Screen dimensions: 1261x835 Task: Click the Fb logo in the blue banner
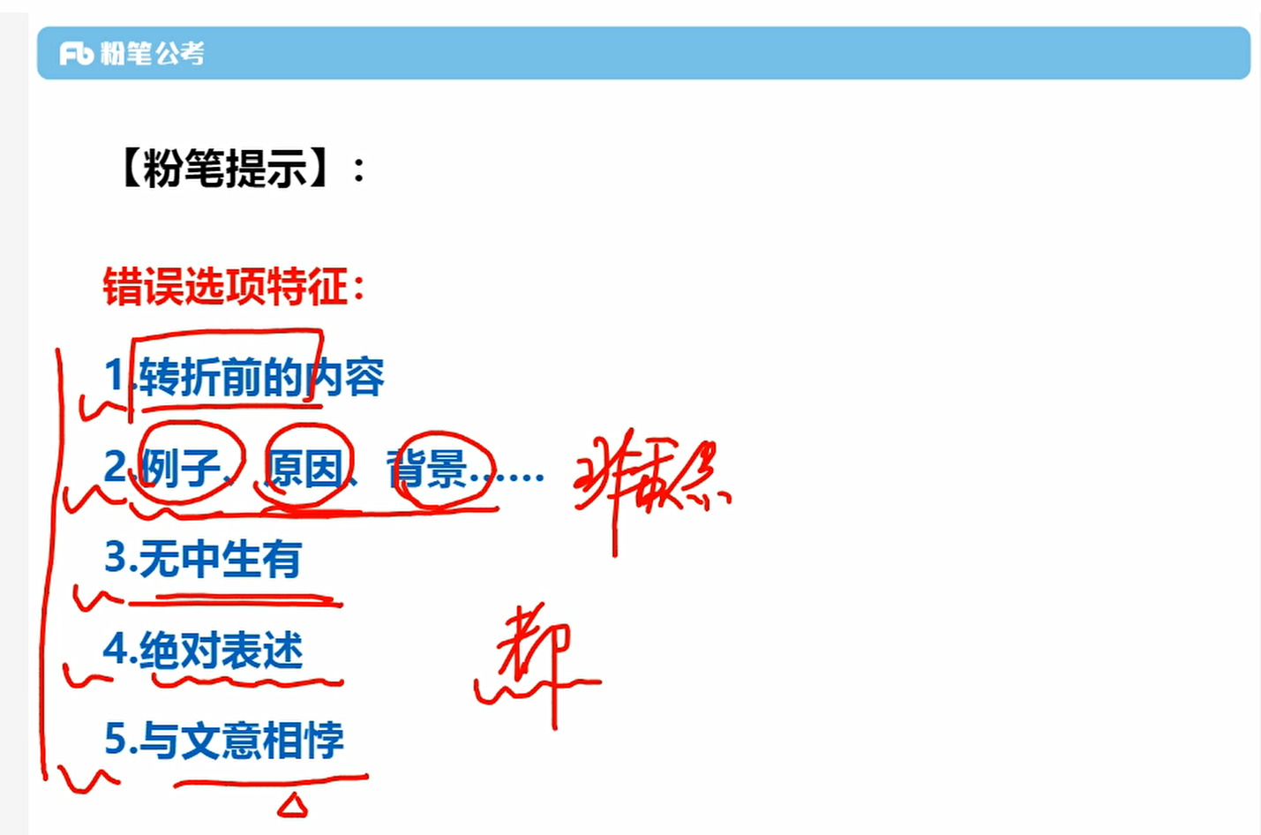pyautogui.click(x=77, y=54)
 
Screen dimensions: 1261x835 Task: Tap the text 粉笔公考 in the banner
pyautogui.click(x=152, y=54)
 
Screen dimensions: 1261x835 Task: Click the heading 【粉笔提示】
pyautogui.click(x=225, y=169)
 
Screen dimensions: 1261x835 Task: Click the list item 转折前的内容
pyautogui.click(x=261, y=377)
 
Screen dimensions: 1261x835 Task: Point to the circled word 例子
pyautogui.click(x=181, y=467)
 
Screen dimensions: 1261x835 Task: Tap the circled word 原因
pyautogui.click(x=304, y=467)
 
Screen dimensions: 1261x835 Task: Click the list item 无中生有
pyautogui.click(x=221, y=559)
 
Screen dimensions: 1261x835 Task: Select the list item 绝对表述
pyautogui.click(x=221, y=651)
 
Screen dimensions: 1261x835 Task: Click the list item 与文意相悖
pyautogui.click(x=241, y=740)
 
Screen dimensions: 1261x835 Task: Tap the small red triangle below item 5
pyautogui.click(x=292, y=805)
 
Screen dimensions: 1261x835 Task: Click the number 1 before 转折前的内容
pyautogui.click(x=115, y=374)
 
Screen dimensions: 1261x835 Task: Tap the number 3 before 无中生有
pyautogui.click(x=116, y=557)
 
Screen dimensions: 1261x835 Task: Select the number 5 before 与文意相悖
pyautogui.click(x=116, y=738)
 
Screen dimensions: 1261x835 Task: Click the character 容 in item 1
pyautogui.click(x=364, y=378)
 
